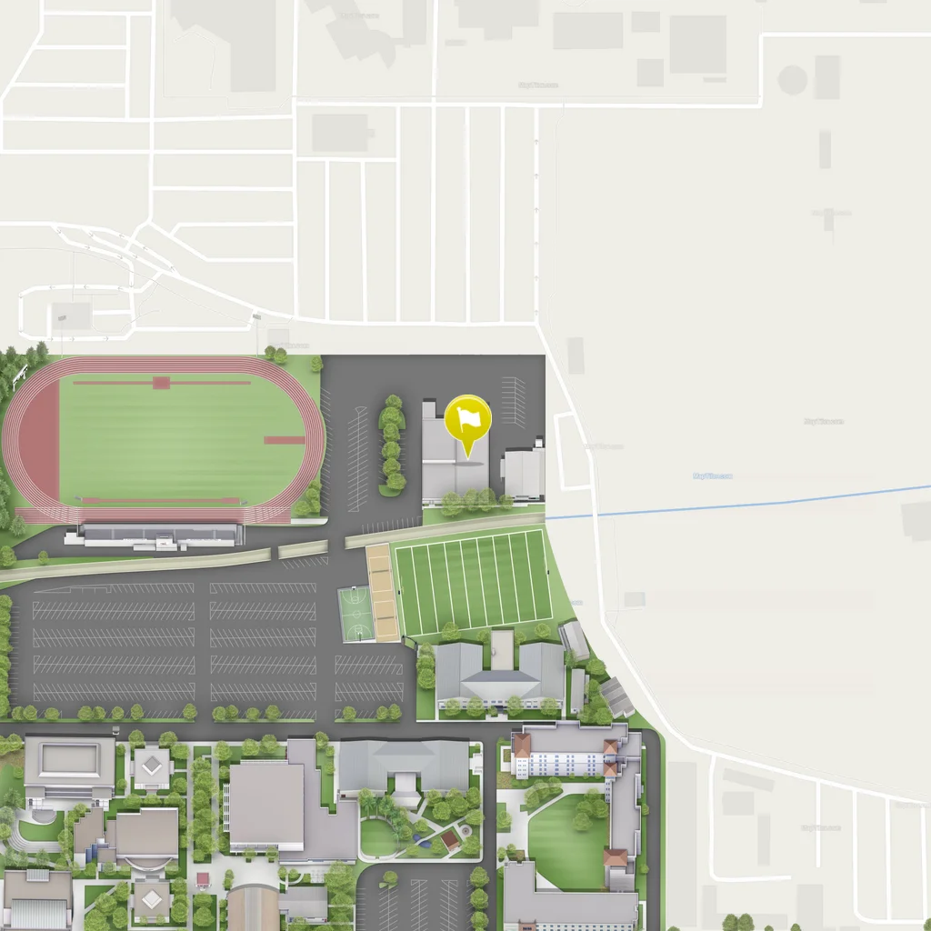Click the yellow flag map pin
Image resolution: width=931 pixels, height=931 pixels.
pyautogui.click(x=468, y=420)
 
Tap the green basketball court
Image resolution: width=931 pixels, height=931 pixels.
pyautogui.click(x=355, y=614)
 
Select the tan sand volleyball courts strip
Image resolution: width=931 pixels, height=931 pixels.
pyautogui.click(x=383, y=592)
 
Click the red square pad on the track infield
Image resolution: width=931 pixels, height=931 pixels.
pyautogui.click(x=161, y=383)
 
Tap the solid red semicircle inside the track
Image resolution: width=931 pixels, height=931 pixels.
pyautogui.click(x=40, y=442)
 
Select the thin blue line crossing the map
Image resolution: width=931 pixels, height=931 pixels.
pyautogui.click(x=727, y=506)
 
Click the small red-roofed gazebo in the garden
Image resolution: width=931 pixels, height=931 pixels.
pyautogui.click(x=450, y=837)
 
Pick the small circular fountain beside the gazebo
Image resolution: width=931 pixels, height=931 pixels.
pyautogui.click(x=465, y=830)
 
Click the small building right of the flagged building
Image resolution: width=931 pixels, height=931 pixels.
pyautogui.click(x=524, y=473)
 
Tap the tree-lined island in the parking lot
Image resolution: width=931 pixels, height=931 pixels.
pyautogui.click(x=392, y=445)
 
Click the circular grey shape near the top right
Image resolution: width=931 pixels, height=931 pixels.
pyautogui.click(x=792, y=80)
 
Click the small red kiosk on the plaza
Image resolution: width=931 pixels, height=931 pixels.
pyautogui.click(x=203, y=880)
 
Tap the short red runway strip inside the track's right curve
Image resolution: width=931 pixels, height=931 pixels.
pyautogui.click(x=284, y=440)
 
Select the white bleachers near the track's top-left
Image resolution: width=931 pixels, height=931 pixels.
pyautogui.click(x=19, y=374)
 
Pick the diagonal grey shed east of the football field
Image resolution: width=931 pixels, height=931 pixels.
pyautogui.click(x=616, y=696)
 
